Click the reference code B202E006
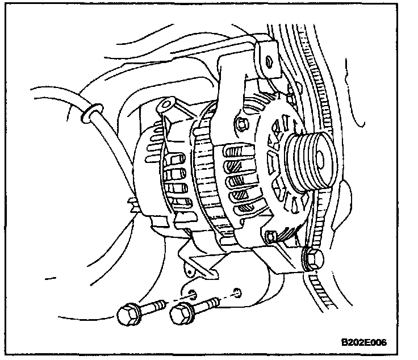(x=363, y=342)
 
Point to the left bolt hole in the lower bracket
(x=193, y=294)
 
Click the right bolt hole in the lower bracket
(x=237, y=294)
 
